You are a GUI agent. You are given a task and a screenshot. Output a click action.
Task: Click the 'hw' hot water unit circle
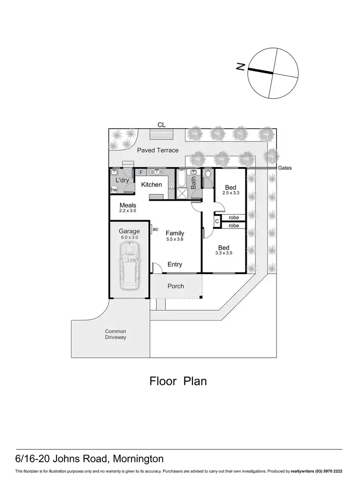[x=114, y=190]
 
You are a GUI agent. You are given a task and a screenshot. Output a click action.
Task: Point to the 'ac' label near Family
[x=156, y=229]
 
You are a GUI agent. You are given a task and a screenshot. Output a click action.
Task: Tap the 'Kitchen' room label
[x=151, y=185]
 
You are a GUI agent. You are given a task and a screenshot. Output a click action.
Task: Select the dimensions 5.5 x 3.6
[x=175, y=239]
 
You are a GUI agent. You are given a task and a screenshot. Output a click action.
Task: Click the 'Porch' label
[x=176, y=286]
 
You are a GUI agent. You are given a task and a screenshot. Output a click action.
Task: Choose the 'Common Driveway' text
[x=116, y=334]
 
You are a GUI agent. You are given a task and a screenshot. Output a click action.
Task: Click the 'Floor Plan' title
[x=178, y=382]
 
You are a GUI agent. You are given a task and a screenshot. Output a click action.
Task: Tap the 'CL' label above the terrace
[x=161, y=125]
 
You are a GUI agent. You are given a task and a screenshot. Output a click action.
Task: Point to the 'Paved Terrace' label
[x=158, y=150]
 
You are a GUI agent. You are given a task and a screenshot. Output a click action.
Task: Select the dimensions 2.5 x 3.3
[x=230, y=192]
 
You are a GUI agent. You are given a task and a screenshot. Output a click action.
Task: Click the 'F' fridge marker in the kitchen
[x=141, y=172]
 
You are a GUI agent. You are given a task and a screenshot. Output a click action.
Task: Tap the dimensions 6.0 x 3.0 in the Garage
[x=129, y=237]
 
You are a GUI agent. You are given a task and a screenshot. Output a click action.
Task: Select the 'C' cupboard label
[x=217, y=221]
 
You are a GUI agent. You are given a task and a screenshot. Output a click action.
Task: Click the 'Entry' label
[x=175, y=264]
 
